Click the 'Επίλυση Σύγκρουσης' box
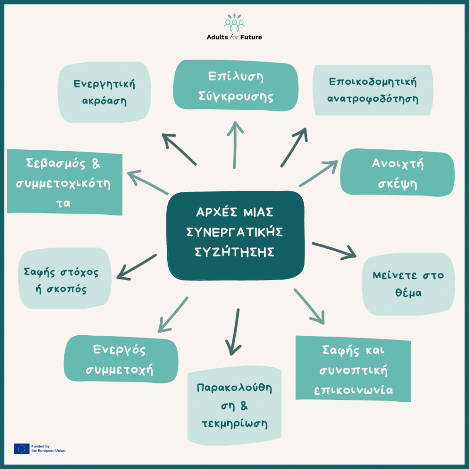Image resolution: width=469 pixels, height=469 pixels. [235, 86]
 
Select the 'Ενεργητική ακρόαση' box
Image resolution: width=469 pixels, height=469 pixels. [104, 92]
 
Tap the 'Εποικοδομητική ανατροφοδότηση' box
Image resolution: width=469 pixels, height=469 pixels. [373, 90]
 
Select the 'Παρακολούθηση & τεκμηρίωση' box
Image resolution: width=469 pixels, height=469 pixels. [234, 406]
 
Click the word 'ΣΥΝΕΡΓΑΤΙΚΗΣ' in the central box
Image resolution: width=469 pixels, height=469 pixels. [234, 232]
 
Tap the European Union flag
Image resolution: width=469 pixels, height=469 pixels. [22, 448]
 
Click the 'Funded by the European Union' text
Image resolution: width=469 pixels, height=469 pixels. [48, 448]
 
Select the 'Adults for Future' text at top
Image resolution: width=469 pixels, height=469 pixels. [234, 37]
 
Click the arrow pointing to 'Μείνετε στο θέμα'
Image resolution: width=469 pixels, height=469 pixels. [334, 251]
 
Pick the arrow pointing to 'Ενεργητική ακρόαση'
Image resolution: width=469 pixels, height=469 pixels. [179, 149]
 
